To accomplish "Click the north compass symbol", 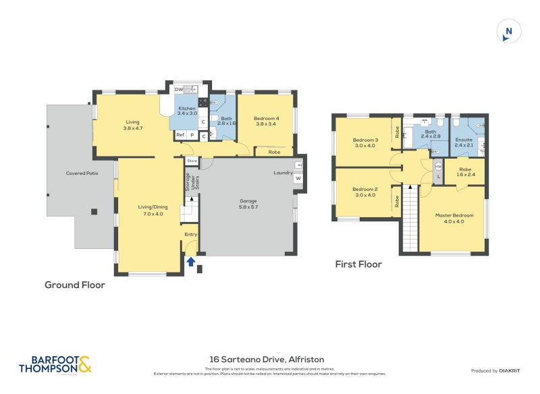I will pyautogui.click(x=509, y=32).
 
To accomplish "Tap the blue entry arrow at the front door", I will pyautogui.click(x=191, y=261).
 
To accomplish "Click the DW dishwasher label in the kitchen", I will pyautogui.click(x=179, y=90).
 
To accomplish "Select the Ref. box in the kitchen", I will pyautogui.click(x=180, y=136).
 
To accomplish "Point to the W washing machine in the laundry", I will pyautogui.click(x=298, y=178).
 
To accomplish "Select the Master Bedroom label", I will pyautogui.click(x=454, y=218).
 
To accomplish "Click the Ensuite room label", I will pyautogui.click(x=464, y=142).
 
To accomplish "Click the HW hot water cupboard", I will pyautogui.click(x=438, y=166).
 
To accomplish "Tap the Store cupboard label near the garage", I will pyautogui.click(x=192, y=161).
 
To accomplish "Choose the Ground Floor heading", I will pyautogui.click(x=75, y=285).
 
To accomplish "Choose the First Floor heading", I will pyautogui.click(x=358, y=264).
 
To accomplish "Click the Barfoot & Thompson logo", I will pyautogui.click(x=54, y=365).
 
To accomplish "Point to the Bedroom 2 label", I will pyautogui.click(x=364, y=192).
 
